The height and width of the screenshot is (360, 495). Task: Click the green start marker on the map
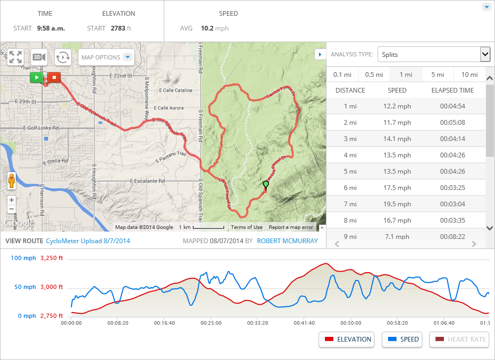click(36, 78)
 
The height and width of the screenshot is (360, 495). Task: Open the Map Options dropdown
click(106, 57)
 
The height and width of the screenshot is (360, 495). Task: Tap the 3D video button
click(39, 57)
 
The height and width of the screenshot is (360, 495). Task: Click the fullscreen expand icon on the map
click(15, 57)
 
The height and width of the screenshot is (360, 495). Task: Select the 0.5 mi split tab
click(374, 75)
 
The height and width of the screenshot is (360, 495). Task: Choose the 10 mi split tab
click(469, 75)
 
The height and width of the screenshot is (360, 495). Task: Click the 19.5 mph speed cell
click(397, 204)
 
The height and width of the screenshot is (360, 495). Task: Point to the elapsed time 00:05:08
click(452, 123)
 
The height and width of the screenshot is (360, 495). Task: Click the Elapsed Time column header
click(452, 91)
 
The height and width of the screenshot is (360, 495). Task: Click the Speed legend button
click(403, 339)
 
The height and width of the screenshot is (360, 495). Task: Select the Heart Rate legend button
click(459, 339)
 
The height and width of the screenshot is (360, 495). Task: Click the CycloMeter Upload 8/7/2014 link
click(88, 241)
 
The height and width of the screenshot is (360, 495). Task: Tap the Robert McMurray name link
click(288, 241)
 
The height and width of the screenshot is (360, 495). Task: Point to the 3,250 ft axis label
click(52, 258)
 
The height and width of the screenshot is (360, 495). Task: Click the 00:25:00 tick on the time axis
click(212, 323)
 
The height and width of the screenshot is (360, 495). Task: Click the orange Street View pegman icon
click(12, 181)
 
